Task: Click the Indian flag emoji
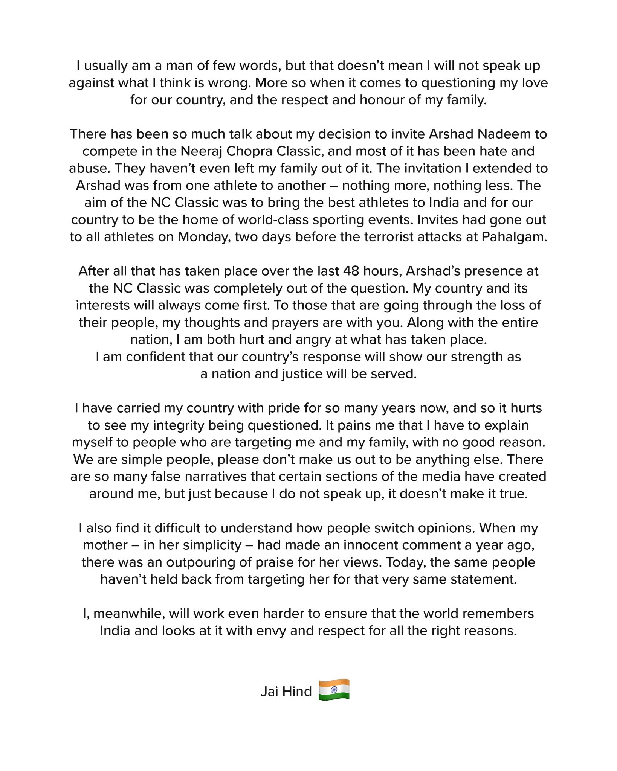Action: point(334,690)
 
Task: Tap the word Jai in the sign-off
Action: point(270,692)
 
